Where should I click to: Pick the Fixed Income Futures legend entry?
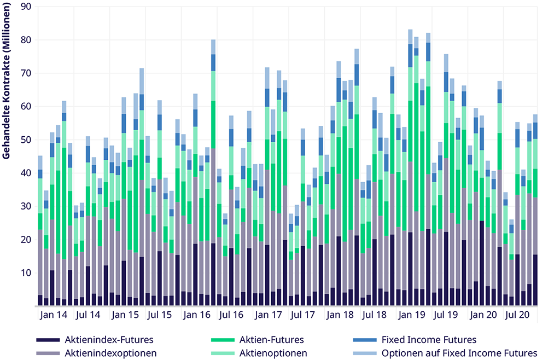coord(429,340)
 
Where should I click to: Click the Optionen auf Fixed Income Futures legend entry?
coord(459,353)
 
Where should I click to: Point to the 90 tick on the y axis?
coord(25,7)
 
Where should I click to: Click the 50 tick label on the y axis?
coord(25,140)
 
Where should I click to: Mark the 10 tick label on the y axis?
coord(25,273)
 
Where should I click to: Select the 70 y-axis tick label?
coord(25,73)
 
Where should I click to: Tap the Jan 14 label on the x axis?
coord(54,315)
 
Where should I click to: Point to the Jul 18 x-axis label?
coord(375,315)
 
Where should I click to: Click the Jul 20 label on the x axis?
coord(517,315)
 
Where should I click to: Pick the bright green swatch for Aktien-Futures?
coord(222,340)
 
